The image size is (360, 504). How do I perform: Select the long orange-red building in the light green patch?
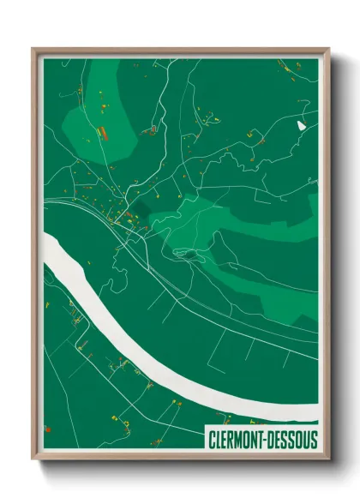coord(102,132)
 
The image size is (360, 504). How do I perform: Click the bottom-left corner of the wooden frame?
coord(33,461)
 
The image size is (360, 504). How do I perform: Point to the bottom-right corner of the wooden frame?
coord(328,461)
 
